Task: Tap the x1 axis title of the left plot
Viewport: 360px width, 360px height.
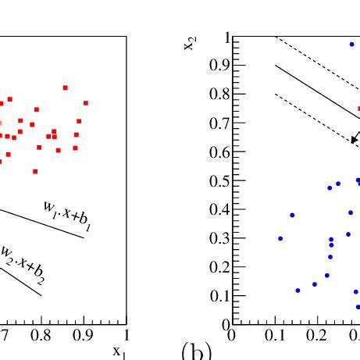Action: coord(119,351)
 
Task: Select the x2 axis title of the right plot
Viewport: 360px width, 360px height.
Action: coord(189,42)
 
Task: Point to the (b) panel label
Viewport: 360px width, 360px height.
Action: coord(196,351)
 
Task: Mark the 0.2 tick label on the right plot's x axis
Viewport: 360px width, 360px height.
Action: coord(318,335)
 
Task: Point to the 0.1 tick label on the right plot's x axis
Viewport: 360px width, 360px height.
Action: coord(274,335)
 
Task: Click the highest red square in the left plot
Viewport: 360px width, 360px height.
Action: coord(66,87)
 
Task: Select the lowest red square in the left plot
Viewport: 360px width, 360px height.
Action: coord(35,171)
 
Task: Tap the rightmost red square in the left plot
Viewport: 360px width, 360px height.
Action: coord(86,103)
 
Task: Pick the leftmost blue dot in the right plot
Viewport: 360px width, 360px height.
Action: coord(280,238)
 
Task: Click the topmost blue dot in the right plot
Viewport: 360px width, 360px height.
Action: coord(351,45)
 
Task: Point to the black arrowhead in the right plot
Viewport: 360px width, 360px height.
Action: coord(354,141)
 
